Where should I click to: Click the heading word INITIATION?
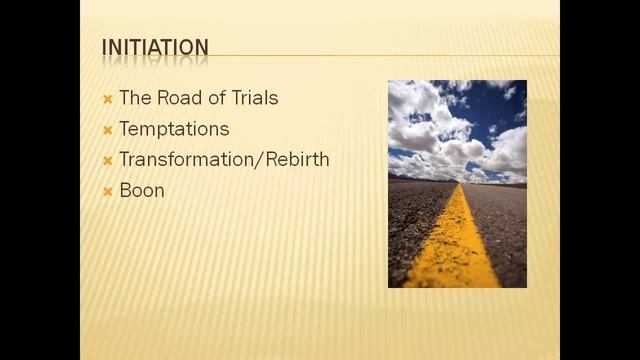[155, 47]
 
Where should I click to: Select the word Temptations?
[174, 129]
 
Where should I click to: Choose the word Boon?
[142, 190]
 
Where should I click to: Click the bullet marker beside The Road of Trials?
[107, 99]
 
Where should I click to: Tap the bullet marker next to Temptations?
[107, 130]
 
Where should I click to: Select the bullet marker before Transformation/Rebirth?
[107, 160]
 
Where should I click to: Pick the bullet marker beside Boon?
[107, 191]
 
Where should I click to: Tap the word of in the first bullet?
[216, 98]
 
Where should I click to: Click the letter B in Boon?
[124, 190]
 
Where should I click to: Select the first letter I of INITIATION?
[105, 47]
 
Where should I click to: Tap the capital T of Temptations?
[123, 129]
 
